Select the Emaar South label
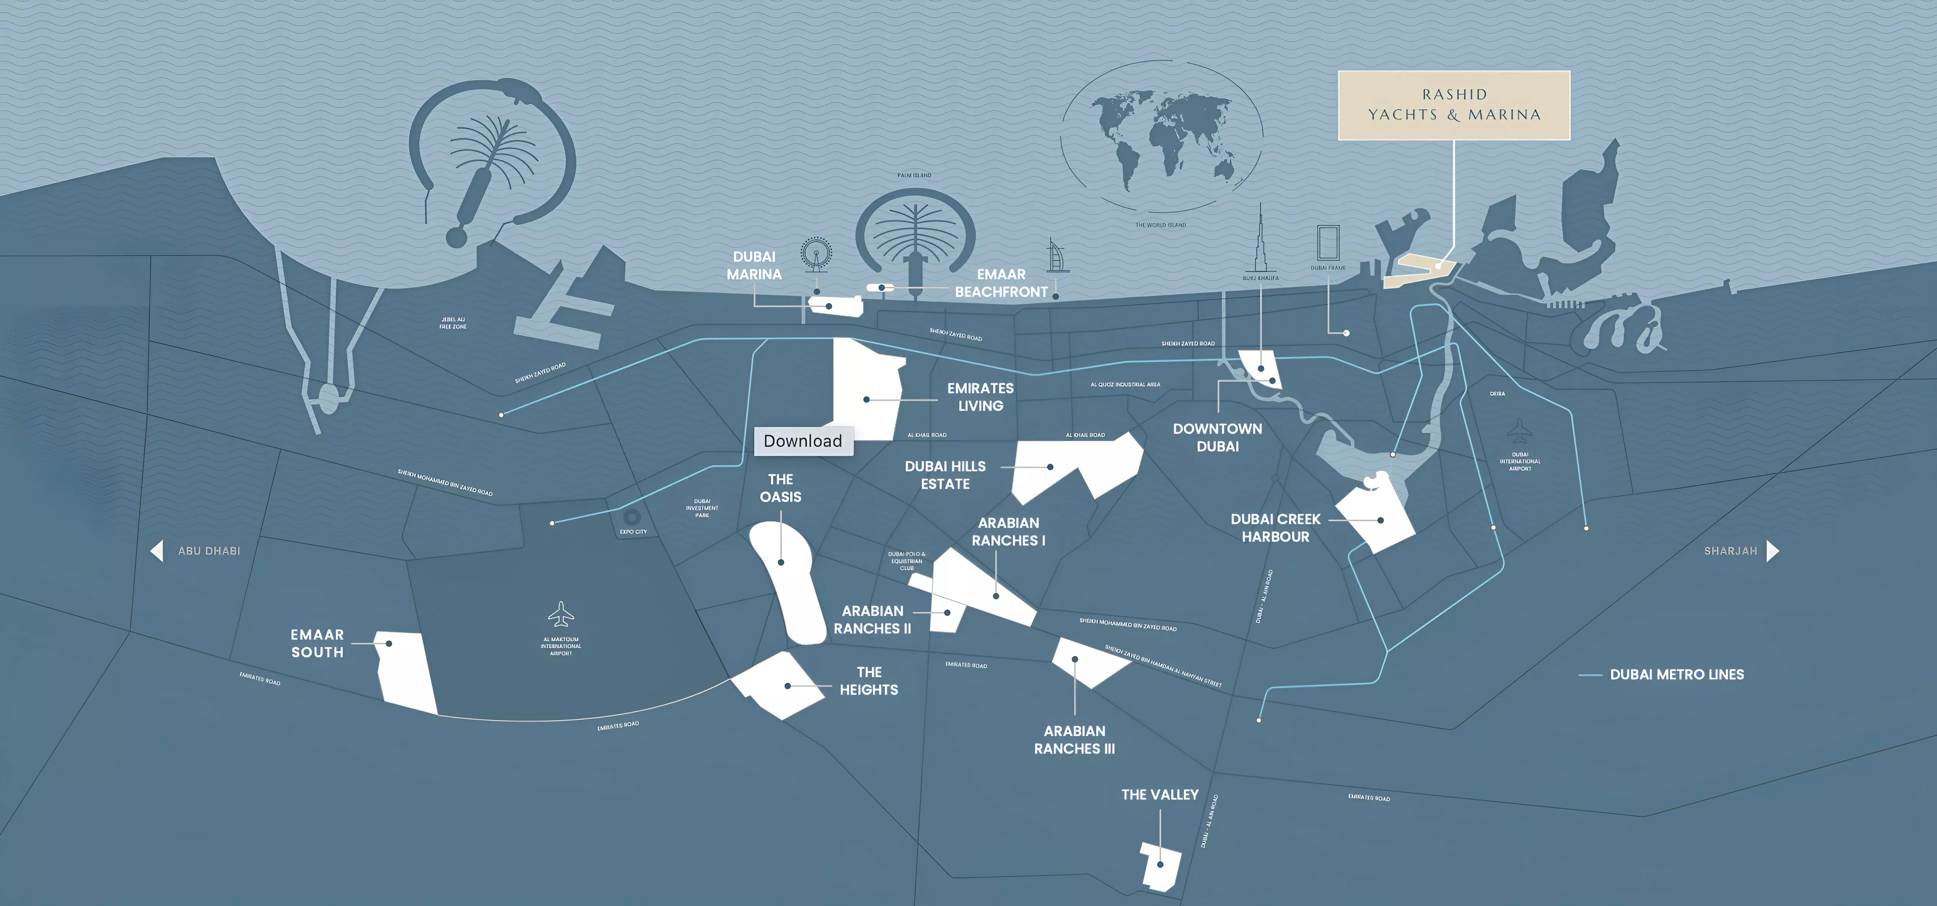[x=317, y=644]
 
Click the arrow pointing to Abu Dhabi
[x=156, y=551]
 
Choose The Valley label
[x=1159, y=795]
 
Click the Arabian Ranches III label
[x=1074, y=740]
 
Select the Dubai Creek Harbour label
[x=1275, y=528]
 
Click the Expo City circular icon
[x=632, y=517]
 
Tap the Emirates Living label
[x=980, y=397]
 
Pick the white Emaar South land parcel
[x=406, y=673]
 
